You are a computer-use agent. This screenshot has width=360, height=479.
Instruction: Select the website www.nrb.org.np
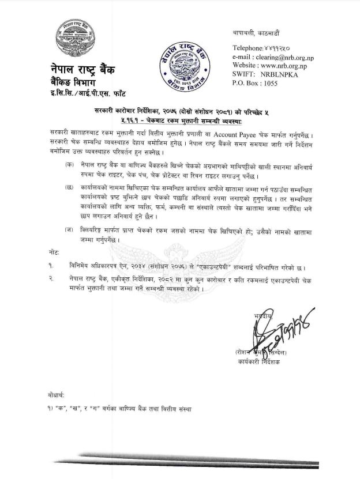291,67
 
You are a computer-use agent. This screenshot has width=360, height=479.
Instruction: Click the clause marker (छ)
70,188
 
